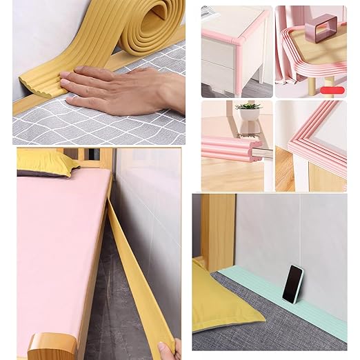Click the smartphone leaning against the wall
coord(292,283)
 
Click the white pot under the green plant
coord(249,117)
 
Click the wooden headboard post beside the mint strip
coord(217,228)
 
